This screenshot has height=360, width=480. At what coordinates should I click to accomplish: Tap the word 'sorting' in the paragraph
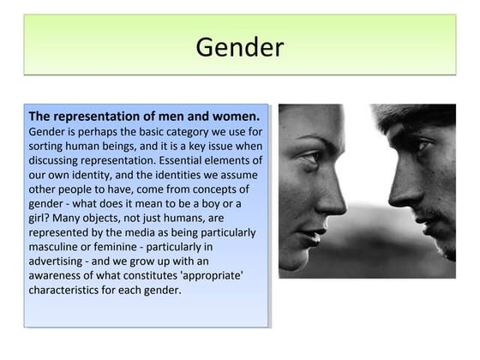pos(50,146)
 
